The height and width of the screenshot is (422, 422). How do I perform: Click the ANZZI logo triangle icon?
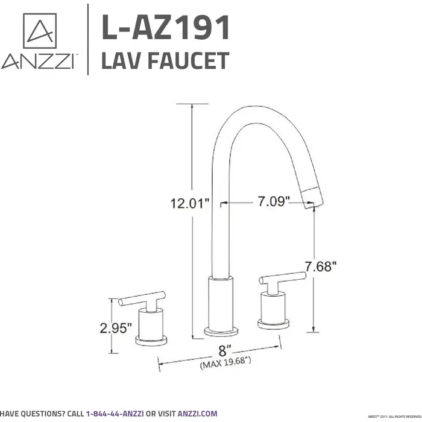[x=39, y=31]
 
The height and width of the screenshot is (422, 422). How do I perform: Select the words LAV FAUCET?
[x=165, y=61]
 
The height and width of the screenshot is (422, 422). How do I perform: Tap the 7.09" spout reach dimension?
[x=274, y=201]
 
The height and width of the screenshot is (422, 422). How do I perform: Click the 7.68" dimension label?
[x=320, y=266]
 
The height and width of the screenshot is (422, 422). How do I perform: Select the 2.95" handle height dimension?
[x=116, y=328]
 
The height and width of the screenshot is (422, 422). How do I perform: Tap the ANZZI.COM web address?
[x=199, y=414]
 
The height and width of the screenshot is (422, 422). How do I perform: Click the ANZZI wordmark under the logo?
[x=37, y=62]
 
